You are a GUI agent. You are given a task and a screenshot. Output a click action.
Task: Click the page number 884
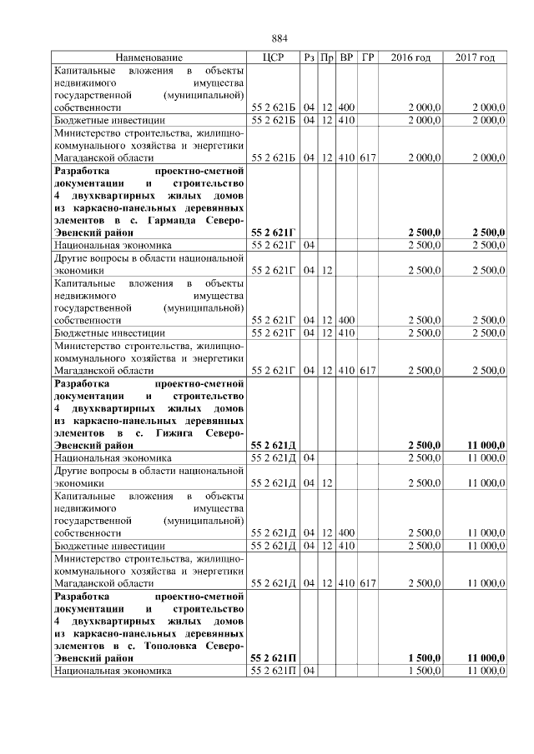(280, 38)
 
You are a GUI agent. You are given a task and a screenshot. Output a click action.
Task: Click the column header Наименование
(149, 57)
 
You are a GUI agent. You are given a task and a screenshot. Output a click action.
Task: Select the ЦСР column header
(274, 57)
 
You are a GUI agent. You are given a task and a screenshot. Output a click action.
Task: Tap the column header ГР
(368, 57)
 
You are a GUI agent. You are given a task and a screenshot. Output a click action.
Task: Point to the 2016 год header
(411, 57)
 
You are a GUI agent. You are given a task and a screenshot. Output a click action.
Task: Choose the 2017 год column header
(475, 57)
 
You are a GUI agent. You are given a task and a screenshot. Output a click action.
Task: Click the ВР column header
(347, 57)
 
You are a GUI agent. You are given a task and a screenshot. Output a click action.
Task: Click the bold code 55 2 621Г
(274, 233)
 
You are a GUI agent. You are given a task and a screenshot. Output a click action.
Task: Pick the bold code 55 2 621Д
(274, 447)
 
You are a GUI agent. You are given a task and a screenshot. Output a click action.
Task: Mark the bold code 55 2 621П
(274, 659)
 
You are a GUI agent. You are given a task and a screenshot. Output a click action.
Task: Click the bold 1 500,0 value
(425, 659)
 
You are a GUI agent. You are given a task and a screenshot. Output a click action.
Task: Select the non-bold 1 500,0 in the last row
(426, 671)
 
